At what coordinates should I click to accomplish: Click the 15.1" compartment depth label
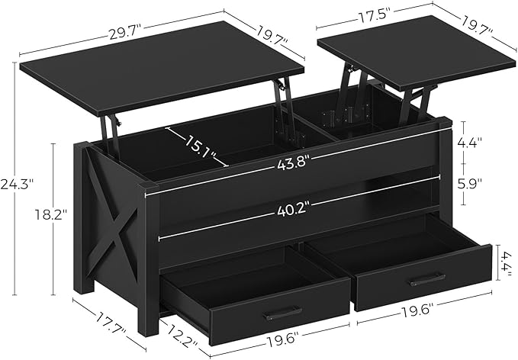(196, 143)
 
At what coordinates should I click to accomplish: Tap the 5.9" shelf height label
(480, 184)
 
